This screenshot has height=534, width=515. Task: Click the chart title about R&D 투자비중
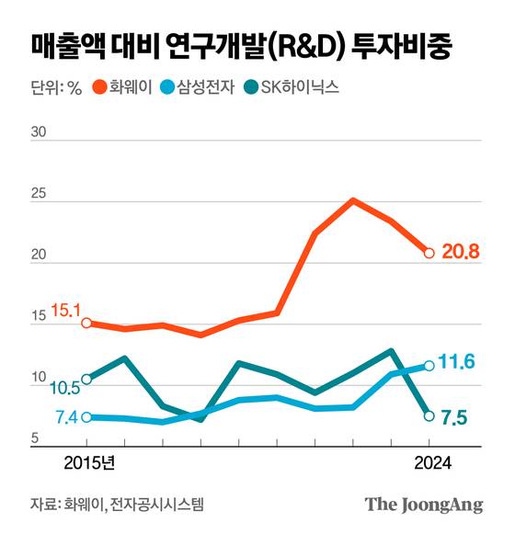tap(241, 45)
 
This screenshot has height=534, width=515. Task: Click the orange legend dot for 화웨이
tap(98, 88)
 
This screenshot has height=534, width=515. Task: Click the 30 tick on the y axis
tap(39, 132)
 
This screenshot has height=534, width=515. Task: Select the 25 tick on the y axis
tap(39, 195)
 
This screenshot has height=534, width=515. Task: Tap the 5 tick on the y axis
tap(35, 438)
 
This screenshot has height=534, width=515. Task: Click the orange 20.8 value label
tap(459, 253)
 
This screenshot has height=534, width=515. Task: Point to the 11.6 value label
tap(456, 362)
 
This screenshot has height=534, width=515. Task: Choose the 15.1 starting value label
tap(67, 311)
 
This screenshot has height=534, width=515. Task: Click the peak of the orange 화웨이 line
tap(352, 199)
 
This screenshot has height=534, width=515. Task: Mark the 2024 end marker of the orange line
tap(429, 253)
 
